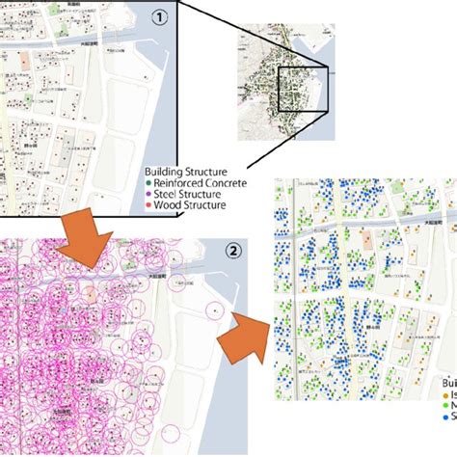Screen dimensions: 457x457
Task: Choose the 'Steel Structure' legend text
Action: tap(190, 193)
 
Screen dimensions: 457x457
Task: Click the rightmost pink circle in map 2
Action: tap(216, 310)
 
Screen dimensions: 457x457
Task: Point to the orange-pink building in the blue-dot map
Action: tap(366, 241)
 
